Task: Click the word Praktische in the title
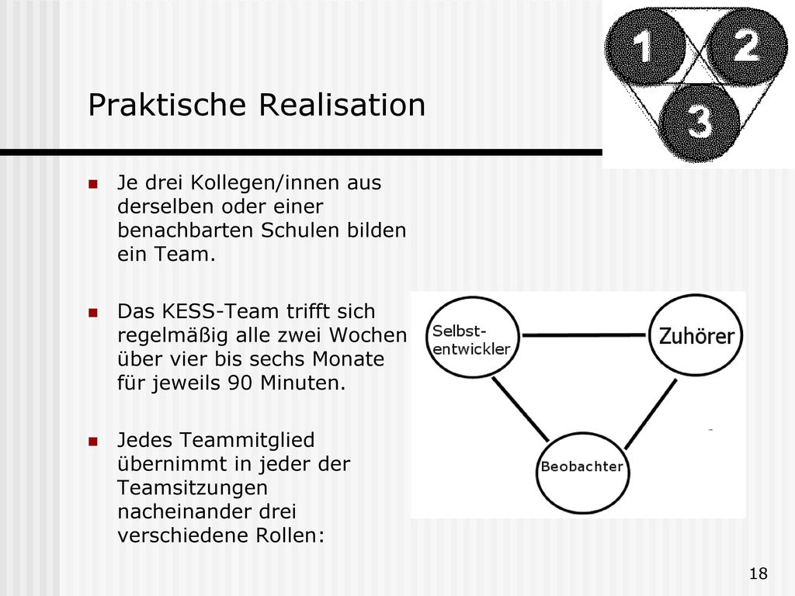pos(168,105)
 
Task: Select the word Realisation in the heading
pos(342,105)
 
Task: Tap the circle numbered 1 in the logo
pos(645,46)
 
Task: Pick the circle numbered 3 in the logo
pos(700,122)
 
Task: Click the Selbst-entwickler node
pos(473,338)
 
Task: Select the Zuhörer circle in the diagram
pos(696,335)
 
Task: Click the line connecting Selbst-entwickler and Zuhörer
pos(584,335)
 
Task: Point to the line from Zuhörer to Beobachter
pos(651,414)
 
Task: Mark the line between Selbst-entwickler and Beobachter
pos(521,409)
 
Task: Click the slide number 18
pos(758,573)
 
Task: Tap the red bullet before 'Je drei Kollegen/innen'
pos(93,184)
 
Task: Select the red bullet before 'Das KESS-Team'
pos(93,313)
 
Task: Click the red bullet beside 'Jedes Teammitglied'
pos(93,442)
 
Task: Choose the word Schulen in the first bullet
pos(300,230)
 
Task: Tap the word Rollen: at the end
pos(290,535)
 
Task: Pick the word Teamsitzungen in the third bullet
pos(193,488)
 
